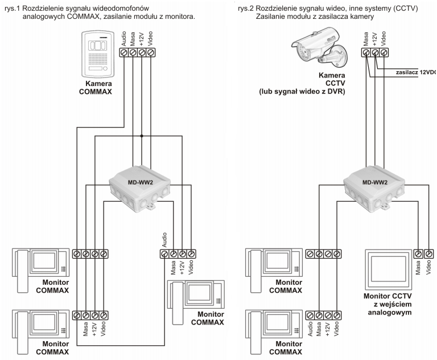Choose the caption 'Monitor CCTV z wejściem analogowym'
coord(389,305)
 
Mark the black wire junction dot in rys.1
coord(142,136)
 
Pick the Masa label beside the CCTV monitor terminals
coord(418,268)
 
